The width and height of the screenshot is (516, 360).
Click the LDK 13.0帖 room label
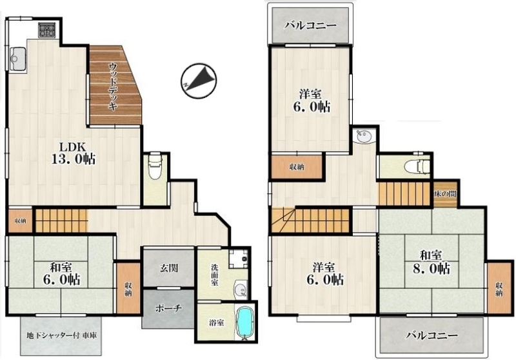point(74,153)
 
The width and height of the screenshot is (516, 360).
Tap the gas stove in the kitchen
point(46,30)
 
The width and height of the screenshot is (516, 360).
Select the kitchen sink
point(17,59)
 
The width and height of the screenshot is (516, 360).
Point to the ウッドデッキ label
point(113,86)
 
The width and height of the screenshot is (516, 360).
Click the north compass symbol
point(199,81)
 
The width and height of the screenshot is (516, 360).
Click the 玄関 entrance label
point(169,268)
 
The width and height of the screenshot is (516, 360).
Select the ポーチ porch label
point(168,308)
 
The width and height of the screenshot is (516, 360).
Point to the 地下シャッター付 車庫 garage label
point(61,336)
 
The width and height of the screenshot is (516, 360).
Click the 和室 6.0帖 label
point(61,274)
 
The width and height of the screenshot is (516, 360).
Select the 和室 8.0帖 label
point(431,263)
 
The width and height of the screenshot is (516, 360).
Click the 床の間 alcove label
point(445,194)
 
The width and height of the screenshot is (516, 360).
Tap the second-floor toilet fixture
point(417,166)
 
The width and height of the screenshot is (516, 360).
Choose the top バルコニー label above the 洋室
point(310,26)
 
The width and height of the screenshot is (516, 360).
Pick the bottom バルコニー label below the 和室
point(432,335)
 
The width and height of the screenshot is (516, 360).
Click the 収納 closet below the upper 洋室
point(297,167)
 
